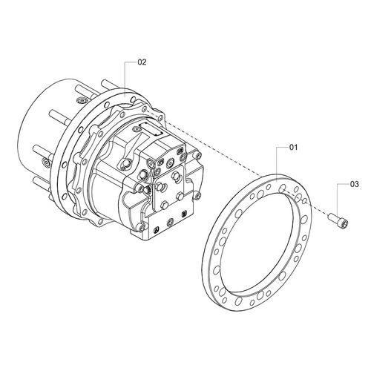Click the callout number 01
[294, 148]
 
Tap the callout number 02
[142, 62]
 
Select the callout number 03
[355, 184]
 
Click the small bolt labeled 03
[338, 221]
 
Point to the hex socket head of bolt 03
[344, 225]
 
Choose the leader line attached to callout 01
[277, 162]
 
